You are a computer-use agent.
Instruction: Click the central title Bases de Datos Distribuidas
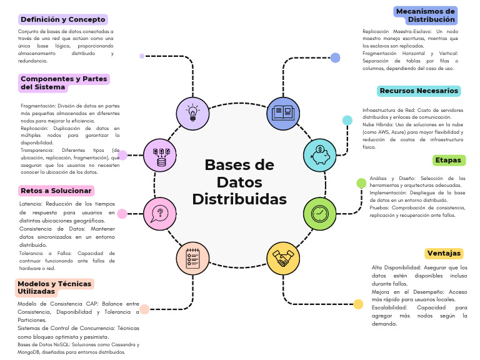pos(239,182)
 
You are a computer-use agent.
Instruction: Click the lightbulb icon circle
pos(193,113)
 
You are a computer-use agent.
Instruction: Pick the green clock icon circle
pos(319,213)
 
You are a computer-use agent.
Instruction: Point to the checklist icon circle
pos(192,259)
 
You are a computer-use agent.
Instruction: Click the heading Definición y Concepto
pos(62,19)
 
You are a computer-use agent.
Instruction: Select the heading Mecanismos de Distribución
pos(426,16)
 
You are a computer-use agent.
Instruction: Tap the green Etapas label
pos(448,160)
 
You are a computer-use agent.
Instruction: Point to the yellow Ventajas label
pos(444,253)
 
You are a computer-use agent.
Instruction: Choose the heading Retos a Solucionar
pos(56,191)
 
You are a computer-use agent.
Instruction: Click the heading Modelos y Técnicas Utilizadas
pos(55,287)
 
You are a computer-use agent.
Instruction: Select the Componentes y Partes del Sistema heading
pos(64,82)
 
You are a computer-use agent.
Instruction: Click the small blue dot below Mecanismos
pos(335,58)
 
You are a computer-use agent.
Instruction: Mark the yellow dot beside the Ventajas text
pos(358,304)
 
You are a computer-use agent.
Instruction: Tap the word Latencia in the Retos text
pos(31,204)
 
